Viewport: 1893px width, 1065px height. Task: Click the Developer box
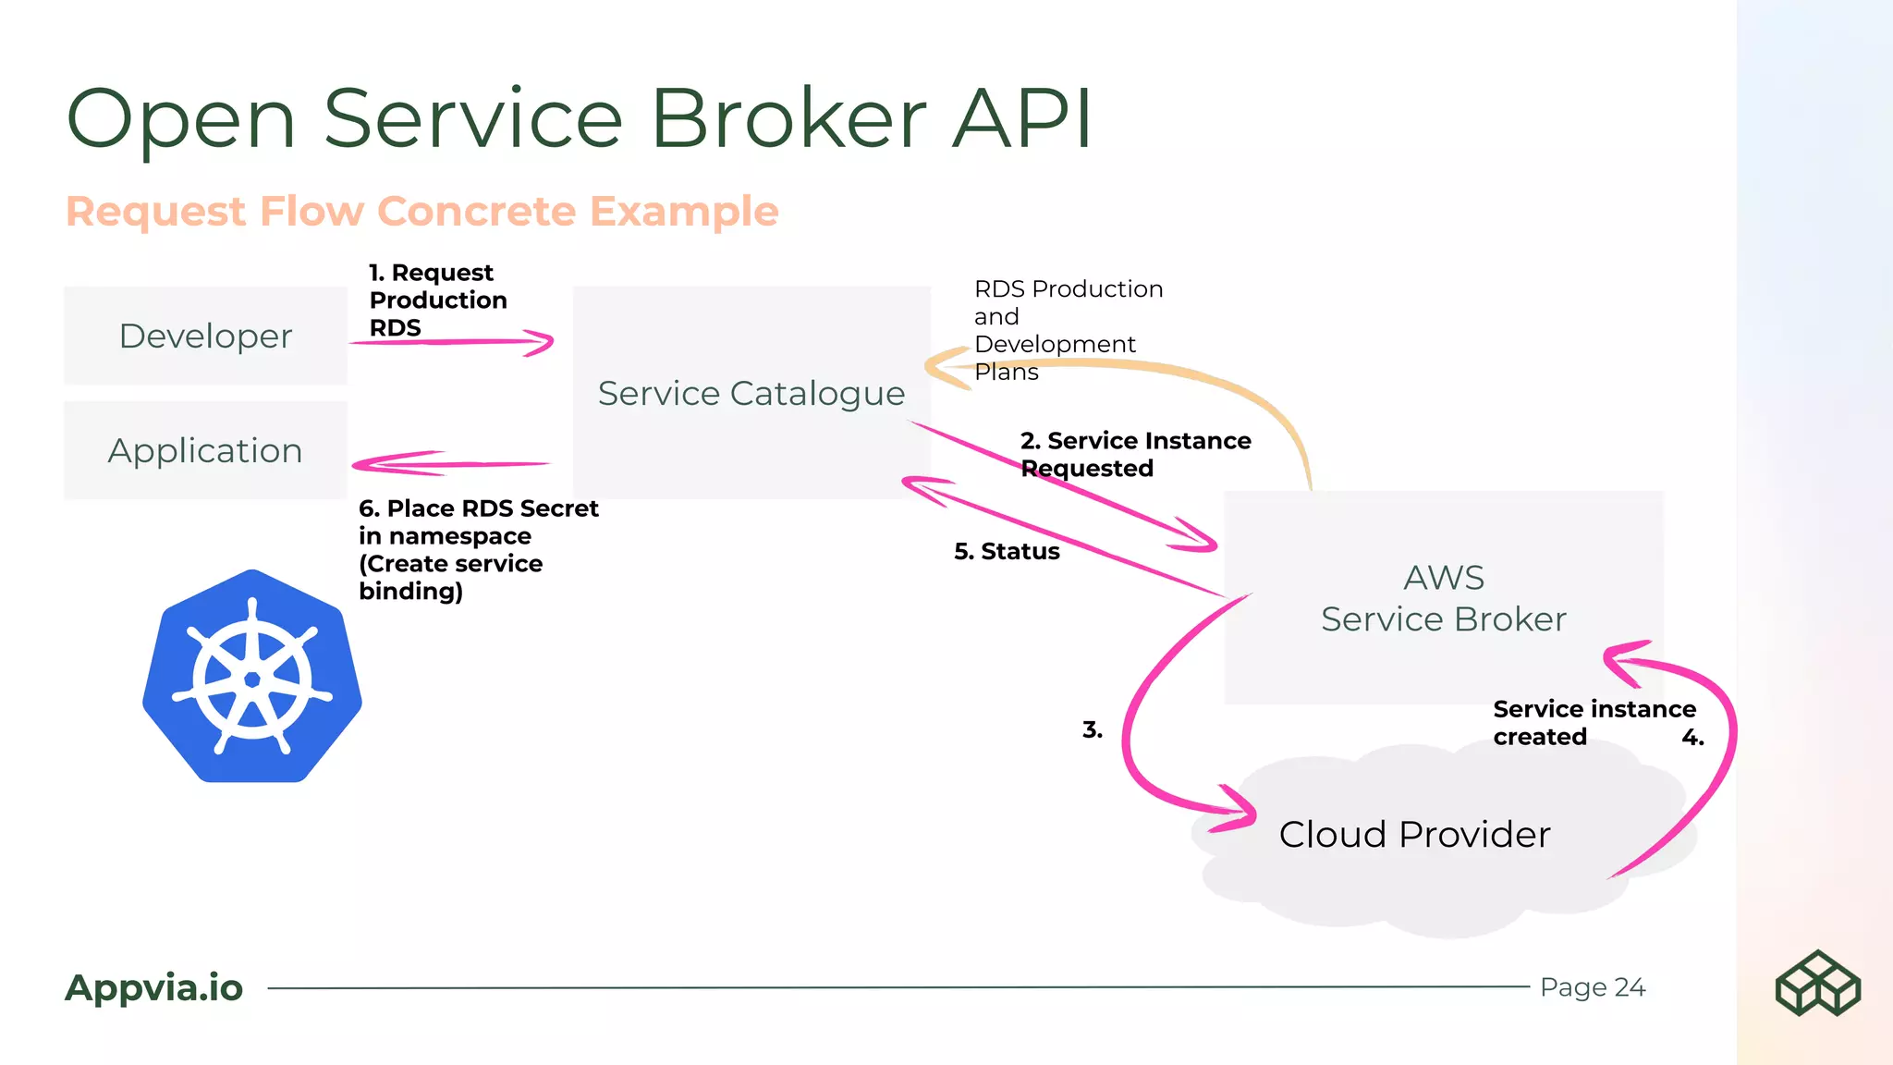point(205,336)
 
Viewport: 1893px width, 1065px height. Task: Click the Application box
point(205,450)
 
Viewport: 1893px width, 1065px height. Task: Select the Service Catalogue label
point(751,394)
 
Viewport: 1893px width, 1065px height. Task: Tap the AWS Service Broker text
point(1443,598)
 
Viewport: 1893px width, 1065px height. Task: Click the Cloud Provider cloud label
point(1414,835)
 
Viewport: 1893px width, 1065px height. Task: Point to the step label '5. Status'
point(1007,552)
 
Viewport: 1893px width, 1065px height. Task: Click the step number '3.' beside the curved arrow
point(1092,730)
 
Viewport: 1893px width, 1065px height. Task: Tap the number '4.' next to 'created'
point(1692,738)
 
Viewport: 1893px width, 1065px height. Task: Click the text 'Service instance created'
point(1594,722)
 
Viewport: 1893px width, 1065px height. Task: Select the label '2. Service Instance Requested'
point(1134,454)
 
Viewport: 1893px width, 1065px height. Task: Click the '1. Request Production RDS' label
point(437,300)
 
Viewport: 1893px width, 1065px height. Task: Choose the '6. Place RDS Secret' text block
point(477,549)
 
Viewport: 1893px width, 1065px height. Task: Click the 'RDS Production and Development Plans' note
point(1067,330)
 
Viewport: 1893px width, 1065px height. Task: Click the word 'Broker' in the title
point(788,118)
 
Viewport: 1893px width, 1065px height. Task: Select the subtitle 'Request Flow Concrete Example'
point(421,212)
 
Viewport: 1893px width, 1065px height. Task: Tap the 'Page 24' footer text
point(1592,987)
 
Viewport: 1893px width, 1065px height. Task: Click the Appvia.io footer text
point(153,987)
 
